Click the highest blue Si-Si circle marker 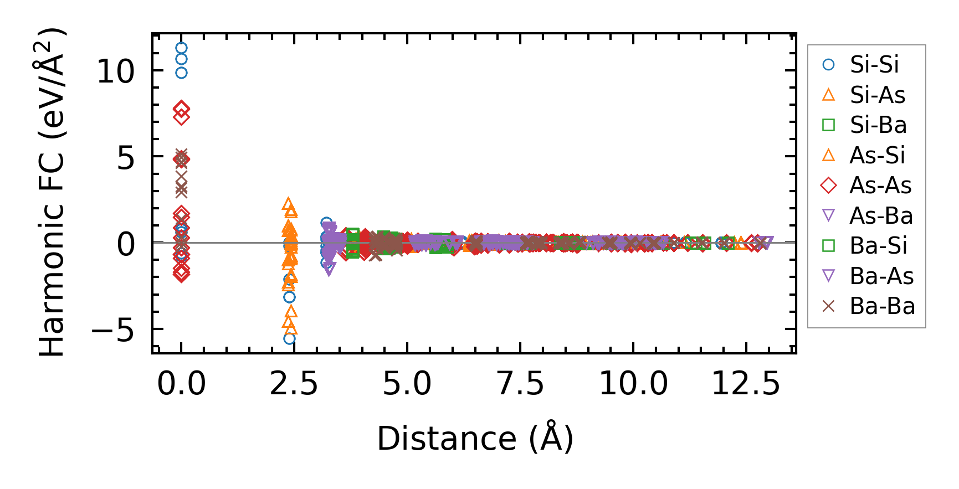[181, 48]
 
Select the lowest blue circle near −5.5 [289, 338]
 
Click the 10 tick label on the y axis [115, 71]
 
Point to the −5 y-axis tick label [112, 331]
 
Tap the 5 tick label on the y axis [126, 158]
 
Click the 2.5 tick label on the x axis [294, 383]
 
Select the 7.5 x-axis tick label [520, 383]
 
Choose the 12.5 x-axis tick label [746, 383]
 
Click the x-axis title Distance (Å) [475, 439]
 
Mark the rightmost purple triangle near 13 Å [767, 243]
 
